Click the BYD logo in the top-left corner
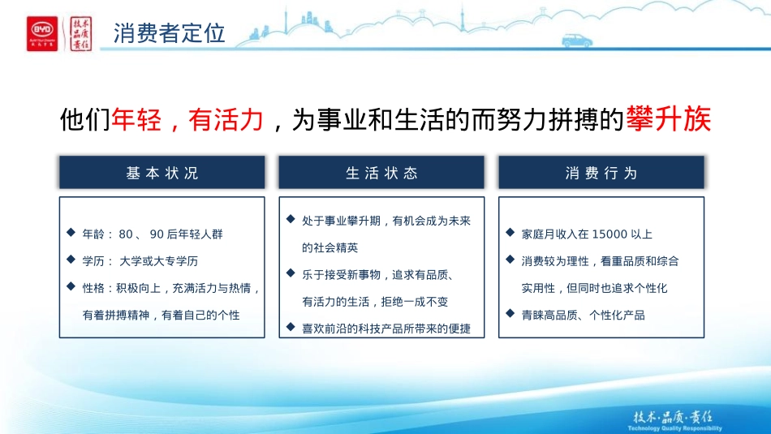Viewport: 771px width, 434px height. pos(42,33)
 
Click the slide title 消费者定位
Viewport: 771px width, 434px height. pos(169,34)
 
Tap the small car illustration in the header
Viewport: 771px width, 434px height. pos(576,39)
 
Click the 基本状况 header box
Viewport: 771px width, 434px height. pos(162,173)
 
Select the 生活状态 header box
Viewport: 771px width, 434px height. pos(381,173)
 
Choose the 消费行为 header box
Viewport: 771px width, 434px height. pos(601,173)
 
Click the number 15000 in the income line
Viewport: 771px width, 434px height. pos(609,234)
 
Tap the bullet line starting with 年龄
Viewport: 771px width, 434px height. pos(152,234)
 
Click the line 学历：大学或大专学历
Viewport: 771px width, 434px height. pos(140,261)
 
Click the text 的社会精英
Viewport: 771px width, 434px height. pos(330,247)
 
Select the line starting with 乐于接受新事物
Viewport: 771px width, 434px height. pos(376,275)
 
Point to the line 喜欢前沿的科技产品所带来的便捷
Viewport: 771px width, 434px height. pos(385,329)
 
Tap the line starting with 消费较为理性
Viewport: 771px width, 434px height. pos(600,261)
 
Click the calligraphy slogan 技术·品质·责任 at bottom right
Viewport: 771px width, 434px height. pos(672,416)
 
